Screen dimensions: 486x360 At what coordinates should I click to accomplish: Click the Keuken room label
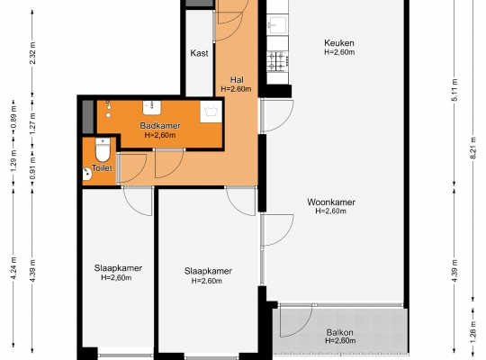339,43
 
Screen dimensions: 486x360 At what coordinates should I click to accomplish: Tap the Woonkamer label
331,202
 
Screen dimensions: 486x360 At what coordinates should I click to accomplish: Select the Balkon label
339,333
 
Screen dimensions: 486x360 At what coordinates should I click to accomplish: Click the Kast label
199,53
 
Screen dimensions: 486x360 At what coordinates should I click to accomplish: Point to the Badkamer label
160,126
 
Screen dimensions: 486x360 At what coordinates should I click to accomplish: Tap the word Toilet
102,168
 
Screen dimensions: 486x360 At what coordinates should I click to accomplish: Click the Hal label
237,80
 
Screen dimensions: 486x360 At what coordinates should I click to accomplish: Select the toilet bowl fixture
103,149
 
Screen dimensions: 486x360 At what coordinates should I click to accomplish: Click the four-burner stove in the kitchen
278,61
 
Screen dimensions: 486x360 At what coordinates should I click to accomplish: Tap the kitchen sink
278,24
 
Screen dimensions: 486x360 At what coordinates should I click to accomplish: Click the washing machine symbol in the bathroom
211,112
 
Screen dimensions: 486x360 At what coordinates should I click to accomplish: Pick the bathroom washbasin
151,107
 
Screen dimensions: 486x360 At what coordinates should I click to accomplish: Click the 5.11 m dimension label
454,90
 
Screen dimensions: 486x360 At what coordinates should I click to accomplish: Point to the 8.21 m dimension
473,148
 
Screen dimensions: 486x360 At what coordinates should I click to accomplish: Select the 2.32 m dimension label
32,53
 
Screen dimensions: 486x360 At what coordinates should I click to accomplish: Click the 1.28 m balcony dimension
473,332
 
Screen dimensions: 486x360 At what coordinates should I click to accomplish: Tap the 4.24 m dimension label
13,268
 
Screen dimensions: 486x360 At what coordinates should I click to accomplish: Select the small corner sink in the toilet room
86,175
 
